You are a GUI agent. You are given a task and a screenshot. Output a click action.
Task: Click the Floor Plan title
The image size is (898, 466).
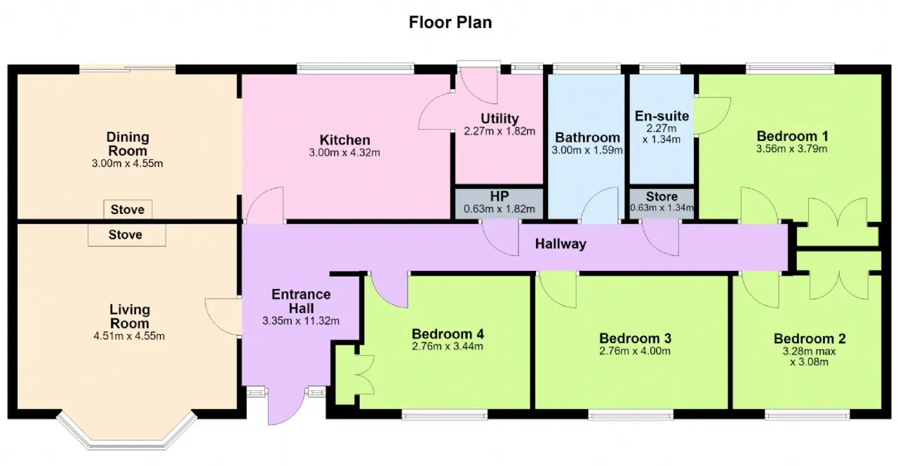pyautogui.click(x=450, y=22)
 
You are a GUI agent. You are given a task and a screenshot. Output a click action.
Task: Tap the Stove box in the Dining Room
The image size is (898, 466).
pyautogui.click(x=128, y=209)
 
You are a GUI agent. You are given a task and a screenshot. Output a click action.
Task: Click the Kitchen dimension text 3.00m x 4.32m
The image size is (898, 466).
pyautogui.click(x=344, y=153)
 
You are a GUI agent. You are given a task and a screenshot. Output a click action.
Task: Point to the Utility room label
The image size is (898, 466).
pyautogui.click(x=500, y=119)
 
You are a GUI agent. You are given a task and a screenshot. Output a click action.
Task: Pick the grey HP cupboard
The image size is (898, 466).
pyautogui.click(x=499, y=204)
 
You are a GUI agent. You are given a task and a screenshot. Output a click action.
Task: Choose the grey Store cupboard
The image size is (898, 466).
pyautogui.click(x=662, y=204)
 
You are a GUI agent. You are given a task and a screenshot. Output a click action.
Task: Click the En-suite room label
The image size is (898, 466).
pyautogui.click(x=662, y=116)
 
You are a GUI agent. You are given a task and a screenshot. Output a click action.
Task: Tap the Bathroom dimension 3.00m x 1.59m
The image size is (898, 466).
pyautogui.click(x=587, y=150)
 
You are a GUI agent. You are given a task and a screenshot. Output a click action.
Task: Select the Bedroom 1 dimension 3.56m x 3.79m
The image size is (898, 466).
pyautogui.click(x=792, y=149)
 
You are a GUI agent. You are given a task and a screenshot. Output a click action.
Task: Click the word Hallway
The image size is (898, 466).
pyautogui.click(x=561, y=244)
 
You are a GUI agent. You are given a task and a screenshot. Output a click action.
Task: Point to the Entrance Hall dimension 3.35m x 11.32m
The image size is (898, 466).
pyautogui.click(x=301, y=321)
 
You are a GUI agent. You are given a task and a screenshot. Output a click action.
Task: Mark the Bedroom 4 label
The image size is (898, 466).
pyautogui.click(x=448, y=334)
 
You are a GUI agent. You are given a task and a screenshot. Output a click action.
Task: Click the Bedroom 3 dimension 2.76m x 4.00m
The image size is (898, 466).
pyautogui.click(x=635, y=351)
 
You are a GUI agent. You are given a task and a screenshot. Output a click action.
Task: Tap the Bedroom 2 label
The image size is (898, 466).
pyautogui.click(x=810, y=339)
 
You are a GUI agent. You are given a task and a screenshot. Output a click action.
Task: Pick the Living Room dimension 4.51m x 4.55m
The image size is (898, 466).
pyautogui.click(x=129, y=336)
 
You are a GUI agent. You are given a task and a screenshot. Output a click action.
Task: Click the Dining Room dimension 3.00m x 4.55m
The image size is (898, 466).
pyautogui.click(x=128, y=164)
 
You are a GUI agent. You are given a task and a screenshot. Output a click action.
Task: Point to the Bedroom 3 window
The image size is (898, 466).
pyautogui.click(x=631, y=415)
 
